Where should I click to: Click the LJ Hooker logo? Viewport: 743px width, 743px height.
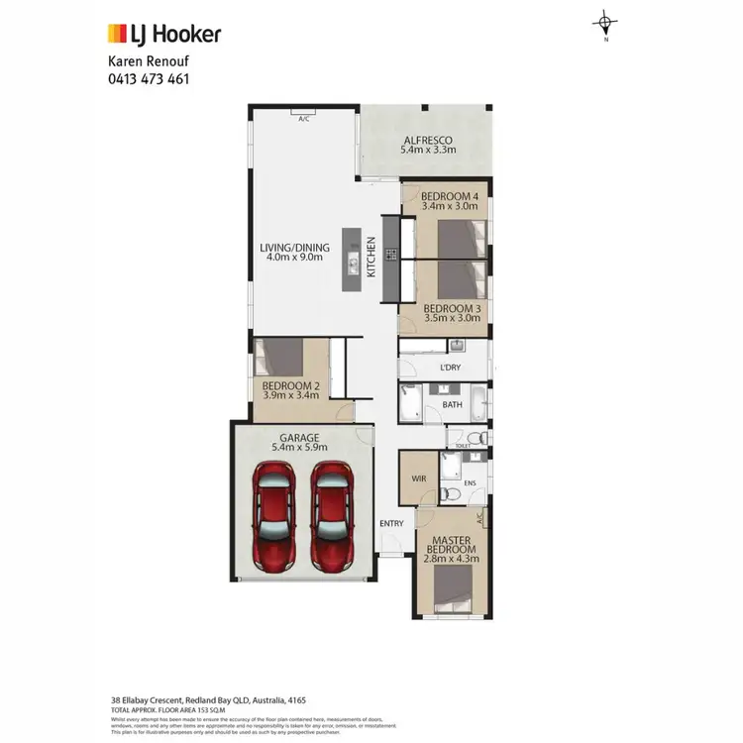pyautogui.click(x=163, y=35)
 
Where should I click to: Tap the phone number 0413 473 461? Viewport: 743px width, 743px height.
pyautogui.click(x=148, y=78)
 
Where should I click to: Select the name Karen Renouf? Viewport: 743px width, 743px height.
pyautogui.click(x=149, y=61)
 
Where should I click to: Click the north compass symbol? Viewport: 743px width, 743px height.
pyautogui.click(x=604, y=23)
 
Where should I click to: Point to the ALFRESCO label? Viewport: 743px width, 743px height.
pyautogui.click(x=428, y=140)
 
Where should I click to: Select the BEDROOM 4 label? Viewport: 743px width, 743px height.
pyautogui.click(x=449, y=196)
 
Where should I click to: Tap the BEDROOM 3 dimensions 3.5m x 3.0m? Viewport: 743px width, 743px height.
pyautogui.click(x=445, y=321)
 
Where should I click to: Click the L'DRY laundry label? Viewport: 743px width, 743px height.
pyautogui.click(x=451, y=369)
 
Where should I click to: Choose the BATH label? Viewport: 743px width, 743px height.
pyautogui.click(x=453, y=404)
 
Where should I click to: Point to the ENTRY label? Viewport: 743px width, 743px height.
pyautogui.click(x=390, y=523)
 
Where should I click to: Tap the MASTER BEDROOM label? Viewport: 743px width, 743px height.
pyautogui.click(x=452, y=543)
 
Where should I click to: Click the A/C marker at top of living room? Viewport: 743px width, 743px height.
pyautogui.click(x=304, y=118)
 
